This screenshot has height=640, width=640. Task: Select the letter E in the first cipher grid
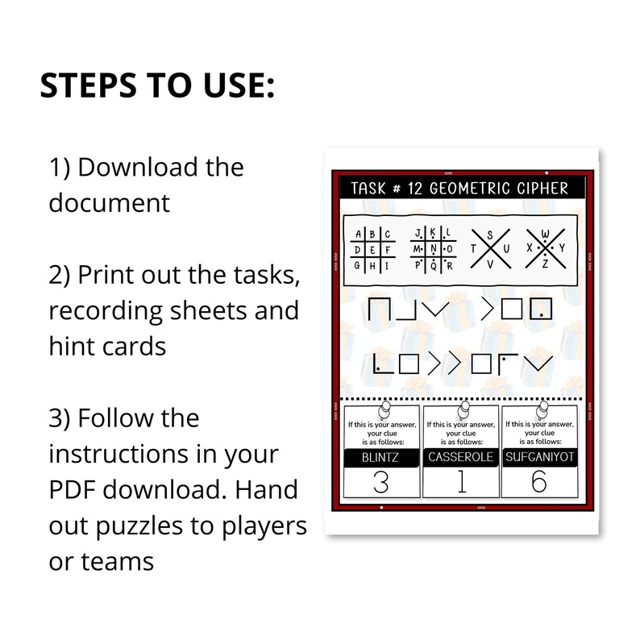371,249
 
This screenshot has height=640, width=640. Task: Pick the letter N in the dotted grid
434,248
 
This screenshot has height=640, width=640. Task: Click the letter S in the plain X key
490,234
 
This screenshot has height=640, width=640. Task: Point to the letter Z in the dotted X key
546,263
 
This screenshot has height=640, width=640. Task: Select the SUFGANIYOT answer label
541,458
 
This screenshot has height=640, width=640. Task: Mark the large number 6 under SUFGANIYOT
541,484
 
